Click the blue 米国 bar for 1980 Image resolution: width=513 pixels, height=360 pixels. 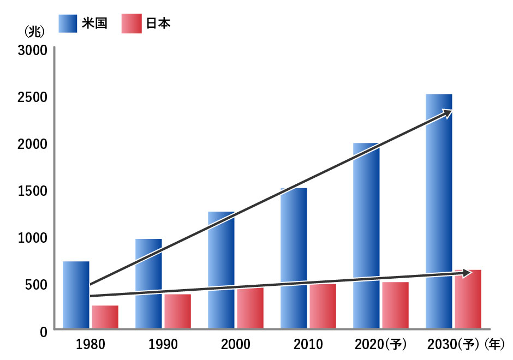click(x=76, y=295)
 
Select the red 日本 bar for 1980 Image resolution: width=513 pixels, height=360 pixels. click(x=105, y=317)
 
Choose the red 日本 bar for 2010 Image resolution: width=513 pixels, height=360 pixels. click(x=323, y=306)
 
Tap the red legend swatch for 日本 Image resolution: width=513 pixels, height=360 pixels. click(x=132, y=24)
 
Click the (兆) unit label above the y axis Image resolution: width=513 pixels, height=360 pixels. click(x=34, y=31)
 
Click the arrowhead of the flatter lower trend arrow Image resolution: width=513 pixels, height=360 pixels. click(x=467, y=273)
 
